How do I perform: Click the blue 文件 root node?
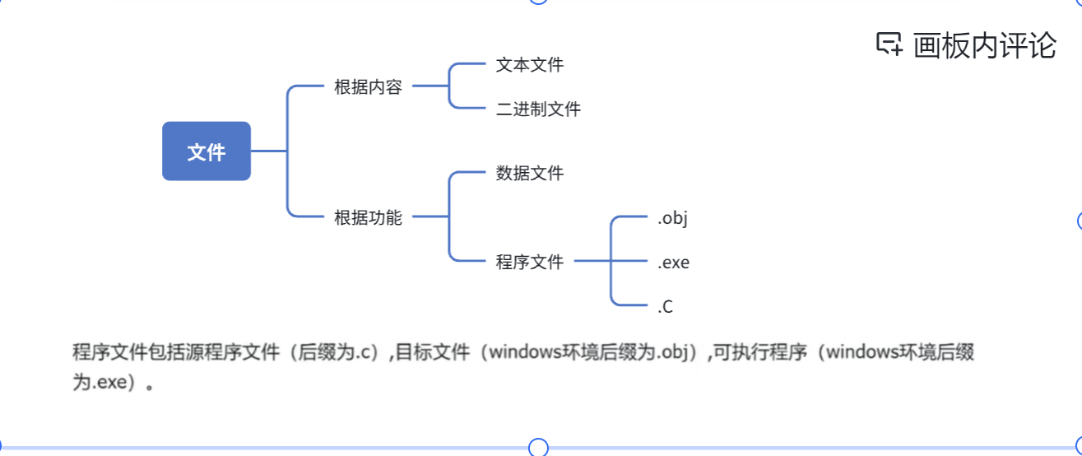coord(206,151)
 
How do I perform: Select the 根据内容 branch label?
coord(368,87)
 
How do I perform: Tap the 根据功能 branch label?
coord(368,218)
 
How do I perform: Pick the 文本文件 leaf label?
coord(530,64)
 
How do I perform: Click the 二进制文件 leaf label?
coord(538,109)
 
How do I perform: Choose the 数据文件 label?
coord(530,174)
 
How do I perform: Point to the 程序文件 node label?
coord(530,263)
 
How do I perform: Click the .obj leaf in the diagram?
coord(672,219)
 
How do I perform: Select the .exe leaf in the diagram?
coord(673,263)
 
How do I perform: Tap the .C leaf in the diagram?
coord(666,308)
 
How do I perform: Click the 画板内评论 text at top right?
coord(984,45)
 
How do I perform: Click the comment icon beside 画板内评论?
coord(889,44)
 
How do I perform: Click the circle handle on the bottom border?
coord(538,448)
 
